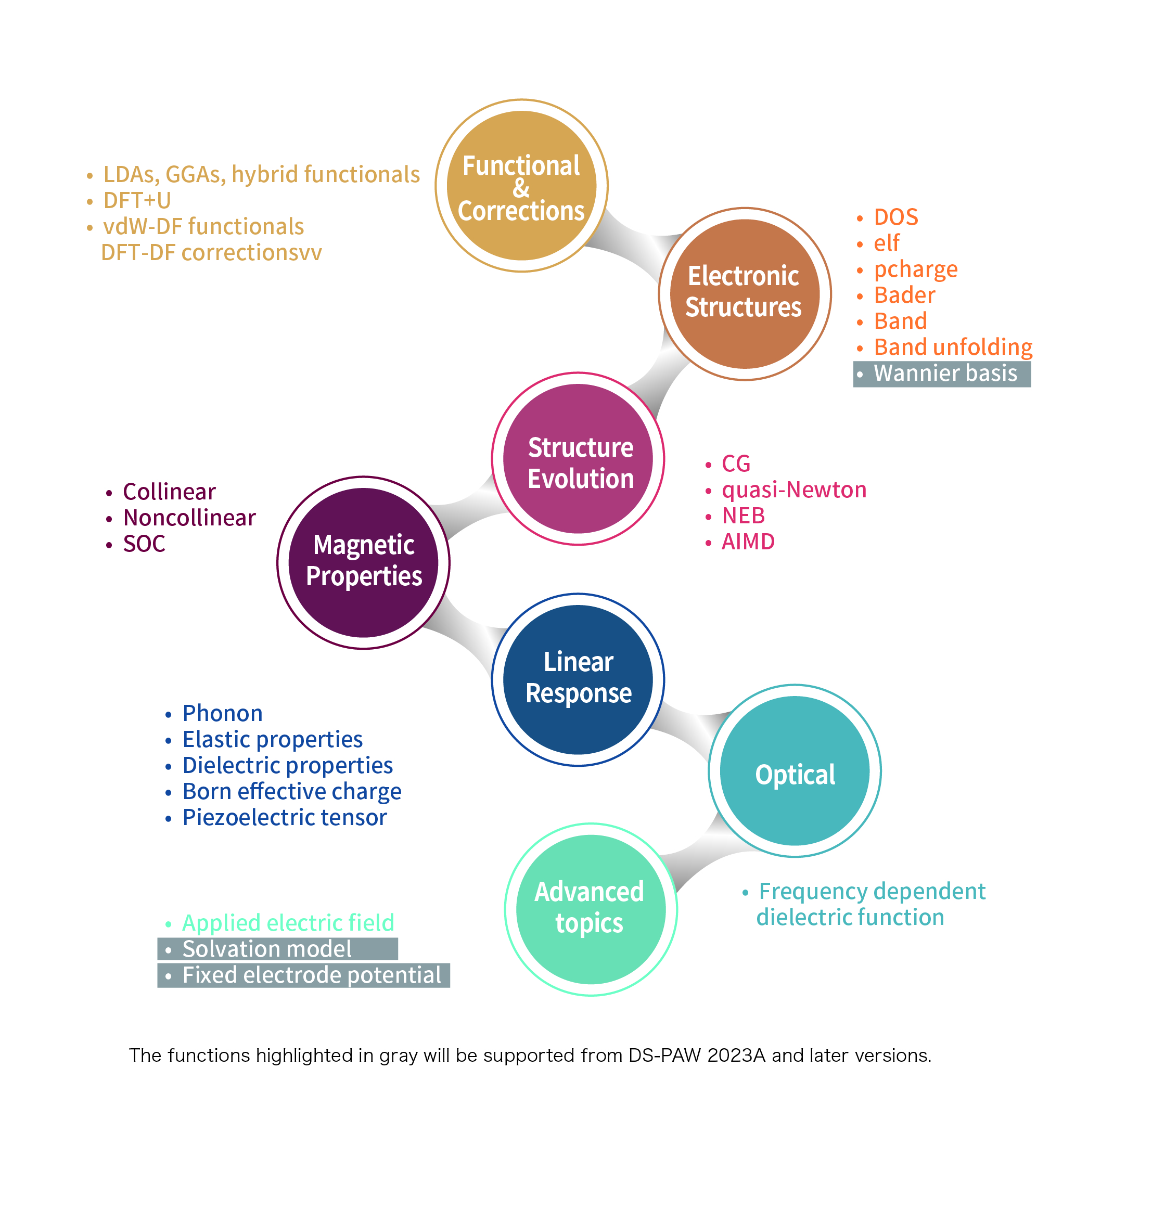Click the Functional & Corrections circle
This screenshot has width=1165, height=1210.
coord(522,186)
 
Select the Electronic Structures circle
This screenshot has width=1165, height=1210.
coord(745,294)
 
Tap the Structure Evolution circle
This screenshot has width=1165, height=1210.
coord(578,459)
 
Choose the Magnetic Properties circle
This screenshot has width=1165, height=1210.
coord(364,562)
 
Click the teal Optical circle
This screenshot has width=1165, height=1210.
coord(795,771)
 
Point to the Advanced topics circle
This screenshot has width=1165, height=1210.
coord(591,909)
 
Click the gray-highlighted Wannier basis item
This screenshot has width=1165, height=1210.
coord(944,374)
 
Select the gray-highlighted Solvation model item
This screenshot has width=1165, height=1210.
coord(267,949)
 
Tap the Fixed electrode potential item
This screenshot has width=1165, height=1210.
coord(311,975)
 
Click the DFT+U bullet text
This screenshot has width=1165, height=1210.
coord(137,201)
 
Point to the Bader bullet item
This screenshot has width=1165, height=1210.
coord(904,295)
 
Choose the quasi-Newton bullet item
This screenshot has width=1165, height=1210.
coord(794,490)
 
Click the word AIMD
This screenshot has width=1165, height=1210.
coord(748,542)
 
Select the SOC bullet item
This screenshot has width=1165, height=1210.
coord(144,544)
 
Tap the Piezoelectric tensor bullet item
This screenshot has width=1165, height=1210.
coord(285,818)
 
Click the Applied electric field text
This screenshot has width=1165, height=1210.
coord(288,923)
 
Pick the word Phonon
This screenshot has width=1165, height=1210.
coord(222,714)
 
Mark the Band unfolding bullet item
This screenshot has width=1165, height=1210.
coord(953,347)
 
